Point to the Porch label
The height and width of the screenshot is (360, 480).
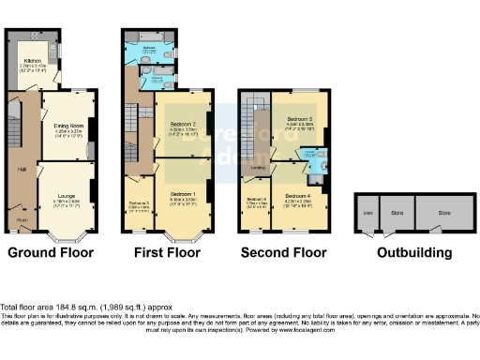[x=22, y=221]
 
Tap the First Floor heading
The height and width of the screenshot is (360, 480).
[x=162, y=253]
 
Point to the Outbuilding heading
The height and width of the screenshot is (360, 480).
[x=413, y=253]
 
